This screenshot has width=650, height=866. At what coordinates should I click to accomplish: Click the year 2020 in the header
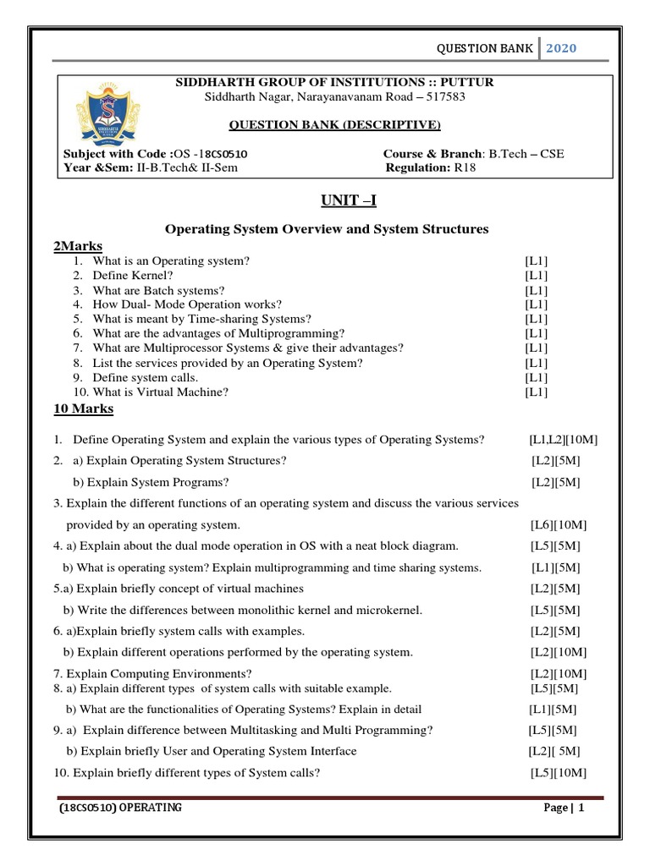559,48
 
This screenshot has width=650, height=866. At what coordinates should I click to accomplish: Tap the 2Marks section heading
78,246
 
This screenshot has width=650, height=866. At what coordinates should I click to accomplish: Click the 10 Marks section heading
83,409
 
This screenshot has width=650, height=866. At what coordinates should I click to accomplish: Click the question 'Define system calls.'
146,377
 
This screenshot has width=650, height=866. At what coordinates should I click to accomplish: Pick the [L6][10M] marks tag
558,525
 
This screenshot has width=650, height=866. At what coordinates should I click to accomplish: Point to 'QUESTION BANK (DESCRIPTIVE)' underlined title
336,125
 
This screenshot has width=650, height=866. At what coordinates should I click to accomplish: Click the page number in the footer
581,808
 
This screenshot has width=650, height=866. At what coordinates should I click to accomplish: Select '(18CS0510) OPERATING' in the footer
120,808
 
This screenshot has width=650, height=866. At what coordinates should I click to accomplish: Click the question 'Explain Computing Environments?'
152,673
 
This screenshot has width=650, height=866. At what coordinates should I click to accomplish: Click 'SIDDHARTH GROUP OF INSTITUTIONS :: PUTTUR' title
334,82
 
